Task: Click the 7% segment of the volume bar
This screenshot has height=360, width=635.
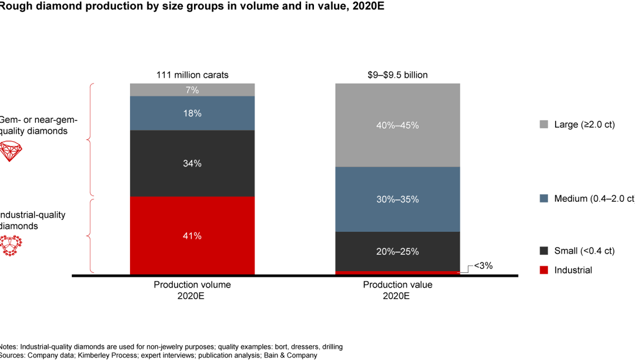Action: [x=192, y=90]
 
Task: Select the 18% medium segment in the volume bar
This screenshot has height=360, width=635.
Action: [x=192, y=113]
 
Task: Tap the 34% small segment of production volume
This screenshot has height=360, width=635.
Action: [x=192, y=164]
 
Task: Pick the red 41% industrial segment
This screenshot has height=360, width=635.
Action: [x=192, y=235]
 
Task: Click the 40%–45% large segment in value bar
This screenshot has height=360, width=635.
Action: [x=397, y=125]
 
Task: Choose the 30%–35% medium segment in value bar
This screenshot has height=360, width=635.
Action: [x=397, y=199]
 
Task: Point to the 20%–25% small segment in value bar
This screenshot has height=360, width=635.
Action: [x=397, y=251]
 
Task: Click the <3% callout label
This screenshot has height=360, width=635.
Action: [x=483, y=266]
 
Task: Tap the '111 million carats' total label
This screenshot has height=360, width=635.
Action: [x=192, y=75]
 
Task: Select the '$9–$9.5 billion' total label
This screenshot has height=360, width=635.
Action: [x=397, y=75]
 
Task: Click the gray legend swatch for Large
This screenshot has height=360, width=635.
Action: [x=543, y=125]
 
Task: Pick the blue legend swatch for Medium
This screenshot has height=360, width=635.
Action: [x=543, y=199]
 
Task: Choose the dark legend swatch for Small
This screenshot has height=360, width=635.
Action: [x=543, y=251]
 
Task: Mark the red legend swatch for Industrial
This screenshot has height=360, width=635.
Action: [x=543, y=270]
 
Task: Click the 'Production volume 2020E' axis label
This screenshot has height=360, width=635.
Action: [x=192, y=290]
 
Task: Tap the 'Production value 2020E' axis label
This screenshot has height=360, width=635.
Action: [x=397, y=290]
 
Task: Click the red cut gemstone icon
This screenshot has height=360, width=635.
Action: [x=10, y=151]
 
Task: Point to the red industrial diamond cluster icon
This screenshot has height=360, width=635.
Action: [x=10, y=245]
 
